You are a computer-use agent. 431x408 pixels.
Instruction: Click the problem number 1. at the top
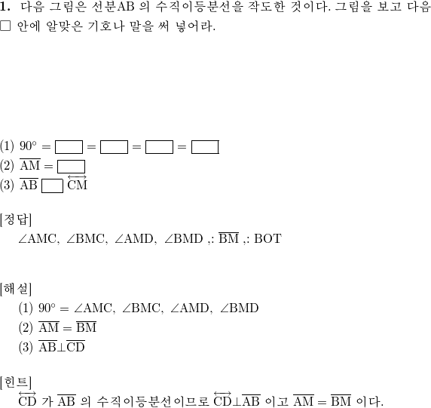coord(5,7)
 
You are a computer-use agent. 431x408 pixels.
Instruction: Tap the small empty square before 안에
coord(5,26)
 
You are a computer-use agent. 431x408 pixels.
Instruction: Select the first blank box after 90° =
coord(69,147)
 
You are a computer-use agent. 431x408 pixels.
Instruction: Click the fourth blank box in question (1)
coord(205,147)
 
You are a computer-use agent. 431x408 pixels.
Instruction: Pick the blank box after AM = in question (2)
coord(71,167)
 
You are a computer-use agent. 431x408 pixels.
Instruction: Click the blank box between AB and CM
coord(52,186)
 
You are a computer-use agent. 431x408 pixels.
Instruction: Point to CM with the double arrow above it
coord(78,183)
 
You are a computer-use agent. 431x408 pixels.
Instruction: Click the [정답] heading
coord(16,219)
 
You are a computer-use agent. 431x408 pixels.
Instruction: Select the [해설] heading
coord(16,289)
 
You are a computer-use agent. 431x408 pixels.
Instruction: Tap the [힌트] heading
coord(16,382)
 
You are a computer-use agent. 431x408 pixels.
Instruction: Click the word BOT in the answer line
coord(267,238)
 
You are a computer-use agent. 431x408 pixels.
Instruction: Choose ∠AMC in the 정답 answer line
coord(38,238)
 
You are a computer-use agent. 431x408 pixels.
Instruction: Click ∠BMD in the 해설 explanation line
coord(240,308)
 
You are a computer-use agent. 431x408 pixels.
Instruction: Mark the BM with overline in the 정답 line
coord(229,238)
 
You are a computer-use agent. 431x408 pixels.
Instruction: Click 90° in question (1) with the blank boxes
coord(28,146)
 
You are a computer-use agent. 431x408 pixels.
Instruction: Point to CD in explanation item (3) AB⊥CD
coord(75,346)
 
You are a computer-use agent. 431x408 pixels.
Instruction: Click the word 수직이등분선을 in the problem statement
coord(199,7)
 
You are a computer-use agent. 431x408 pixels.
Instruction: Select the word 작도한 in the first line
coord(266,7)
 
